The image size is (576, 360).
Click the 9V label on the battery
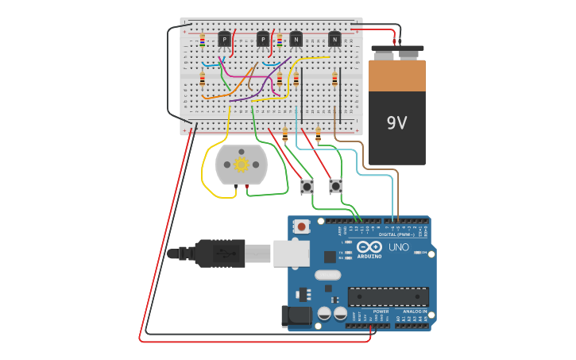pyautogui.click(x=396, y=122)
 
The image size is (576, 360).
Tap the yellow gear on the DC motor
pyautogui.click(x=242, y=164)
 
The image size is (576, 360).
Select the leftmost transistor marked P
pyautogui.click(x=225, y=39)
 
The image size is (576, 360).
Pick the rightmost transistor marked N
pyautogui.click(x=334, y=39)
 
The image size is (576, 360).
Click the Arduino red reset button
pyautogui.click(x=301, y=226)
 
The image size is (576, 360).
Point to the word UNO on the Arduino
pyautogui.click(x=398, y=247)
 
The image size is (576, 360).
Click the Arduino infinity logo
pyautogui.click(x=369, y=247)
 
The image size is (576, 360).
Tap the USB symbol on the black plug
pyautogui.click(x=223, y=254)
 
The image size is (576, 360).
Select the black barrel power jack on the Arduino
pyautogui.click(x=297, y=315)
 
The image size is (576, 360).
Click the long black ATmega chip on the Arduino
pyautogui.click(x=389, y=296)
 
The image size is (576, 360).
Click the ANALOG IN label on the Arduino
pyautogui.click(x=414, y=311)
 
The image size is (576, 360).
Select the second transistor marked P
pyautogui.click(x=263, y=39)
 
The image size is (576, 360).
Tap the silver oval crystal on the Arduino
pyautogui.click(x=327, y=275)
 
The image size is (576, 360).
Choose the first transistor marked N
pyautogui.click(x=296, y=39)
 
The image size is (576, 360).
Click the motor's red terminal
pyautogui.click(x=247, y=186)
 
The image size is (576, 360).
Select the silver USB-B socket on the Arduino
pyautogui.click(x=291, y=253)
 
